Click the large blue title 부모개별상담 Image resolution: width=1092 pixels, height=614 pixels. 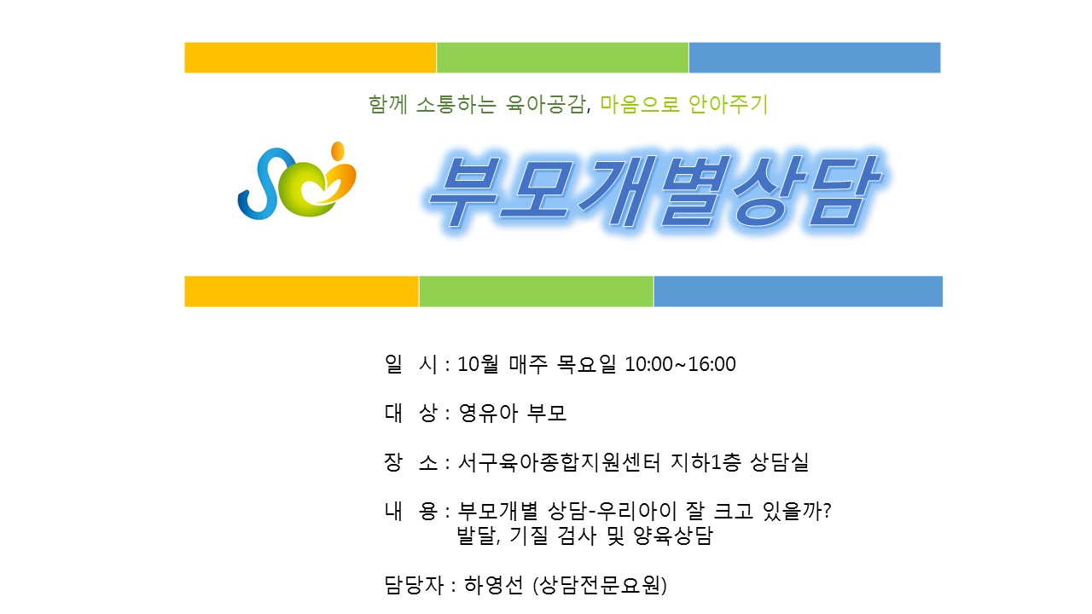[x=654, y=191]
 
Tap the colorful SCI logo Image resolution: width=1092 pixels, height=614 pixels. [x=297, y=180]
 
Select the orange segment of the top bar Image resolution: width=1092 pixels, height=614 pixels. [x=310, y=57]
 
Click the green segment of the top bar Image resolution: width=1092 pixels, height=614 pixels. [x=562, y=57]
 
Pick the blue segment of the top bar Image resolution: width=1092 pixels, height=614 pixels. [x=815, y=57]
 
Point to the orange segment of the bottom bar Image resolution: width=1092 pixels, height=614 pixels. [x=301, y=292]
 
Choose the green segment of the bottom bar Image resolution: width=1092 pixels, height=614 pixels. [x=537, y=292]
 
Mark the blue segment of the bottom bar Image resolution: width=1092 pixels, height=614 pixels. [x=798, y=292]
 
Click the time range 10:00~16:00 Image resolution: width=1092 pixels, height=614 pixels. [x=680, y=364]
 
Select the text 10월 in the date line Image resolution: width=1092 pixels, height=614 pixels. [x=478, y=364]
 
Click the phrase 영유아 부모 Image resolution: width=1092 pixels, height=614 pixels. [x=513, y=414]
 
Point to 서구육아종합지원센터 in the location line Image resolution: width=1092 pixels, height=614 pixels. [x=559, y=462]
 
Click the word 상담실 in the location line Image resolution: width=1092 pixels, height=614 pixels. [x=780, y=462]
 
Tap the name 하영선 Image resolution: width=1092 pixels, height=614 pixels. [x=493, y=585]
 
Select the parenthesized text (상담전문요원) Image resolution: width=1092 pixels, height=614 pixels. [x=600, y=585]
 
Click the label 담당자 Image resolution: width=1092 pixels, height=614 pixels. [x=414, y=585]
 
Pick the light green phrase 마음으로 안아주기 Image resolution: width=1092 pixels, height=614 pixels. [x=684, y=104]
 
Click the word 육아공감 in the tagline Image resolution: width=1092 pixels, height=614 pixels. [x=546, y=104]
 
